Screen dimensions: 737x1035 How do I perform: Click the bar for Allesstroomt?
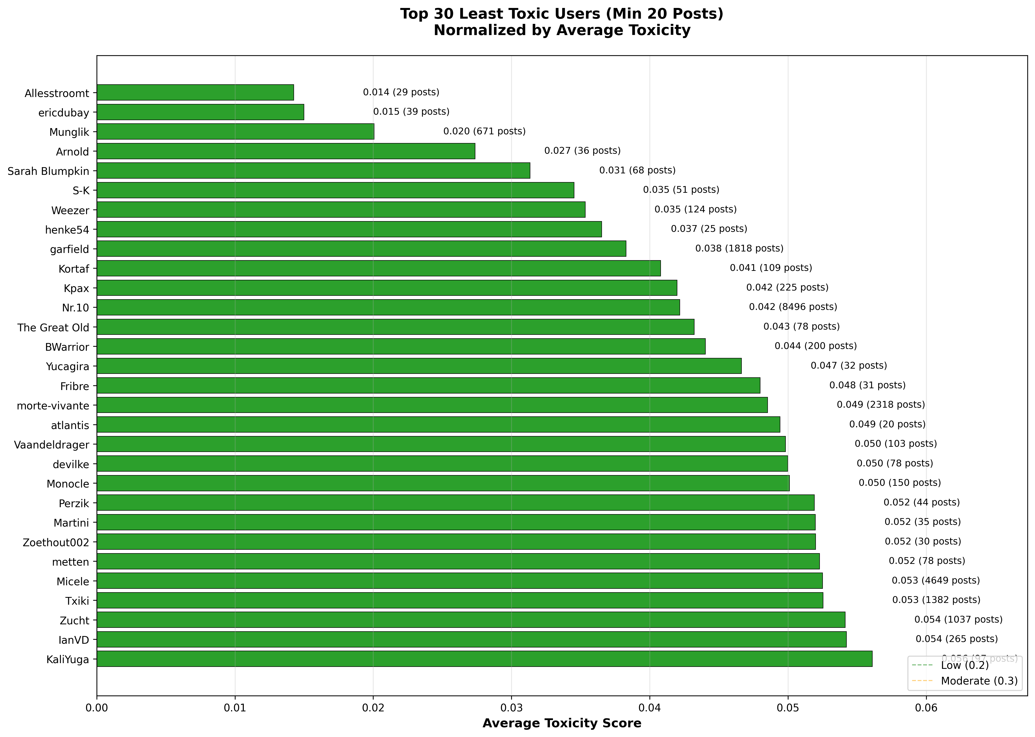click(x=195, y=93)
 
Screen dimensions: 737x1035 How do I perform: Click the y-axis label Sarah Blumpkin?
click(x=49, y=171)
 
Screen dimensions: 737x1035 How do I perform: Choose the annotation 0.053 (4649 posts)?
click(x=936, y=581)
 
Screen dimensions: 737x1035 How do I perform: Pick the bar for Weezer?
click(x=341, y=210)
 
